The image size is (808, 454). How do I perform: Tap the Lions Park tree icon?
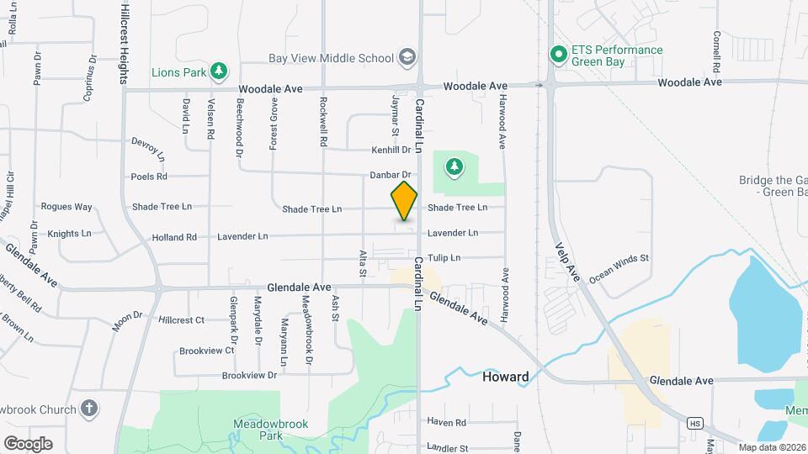point(219,71)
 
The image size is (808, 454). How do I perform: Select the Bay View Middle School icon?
point(407,57)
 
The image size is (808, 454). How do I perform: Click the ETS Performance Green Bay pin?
point(557,55)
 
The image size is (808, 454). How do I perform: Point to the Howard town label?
point(505,377)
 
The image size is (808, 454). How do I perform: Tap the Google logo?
point(28,443)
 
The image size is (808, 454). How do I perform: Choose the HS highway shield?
point(694,423)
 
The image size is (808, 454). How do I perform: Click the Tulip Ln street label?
point(444,258)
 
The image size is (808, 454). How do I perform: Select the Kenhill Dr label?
point(391,150)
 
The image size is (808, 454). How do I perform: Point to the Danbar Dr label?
point(389,175)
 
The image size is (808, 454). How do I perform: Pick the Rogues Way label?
point(66,207)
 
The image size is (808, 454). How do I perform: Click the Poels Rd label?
point(149,177)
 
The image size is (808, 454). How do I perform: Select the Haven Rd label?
point(446,422)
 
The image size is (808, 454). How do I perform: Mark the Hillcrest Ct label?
point(181,320)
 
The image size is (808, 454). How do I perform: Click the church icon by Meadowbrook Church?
point(89,409)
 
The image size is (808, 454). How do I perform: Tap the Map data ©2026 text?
point(771,447)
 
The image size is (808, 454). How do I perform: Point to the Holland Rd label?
point(174,238)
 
